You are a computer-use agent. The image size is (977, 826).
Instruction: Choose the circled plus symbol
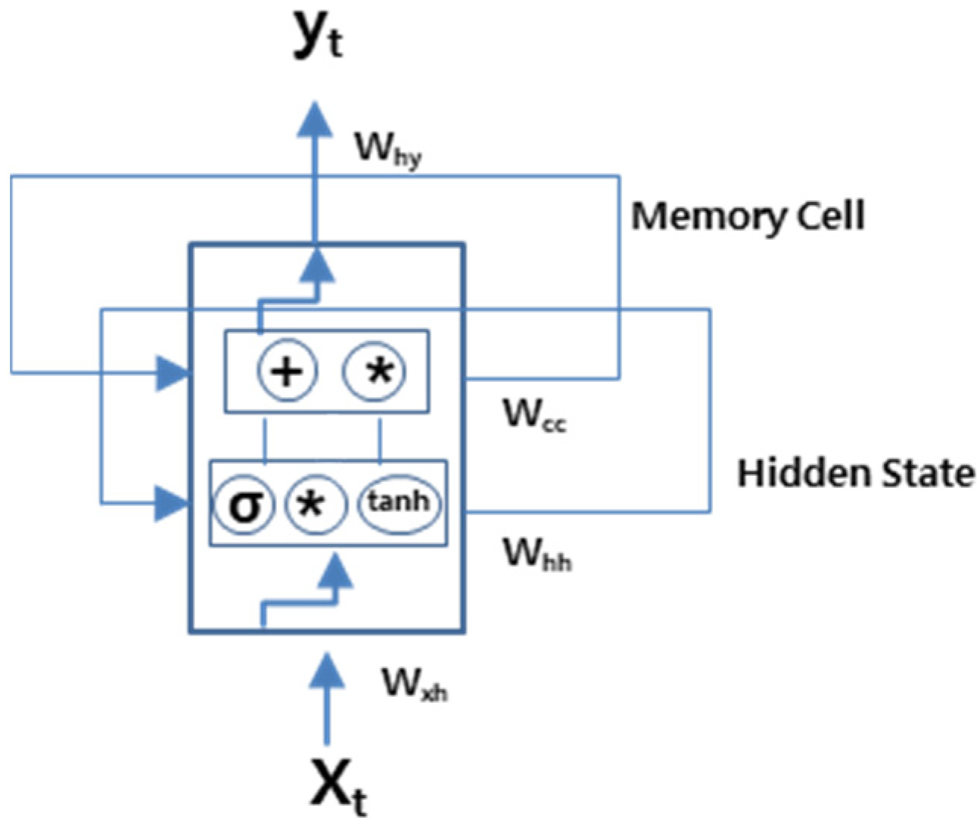288,371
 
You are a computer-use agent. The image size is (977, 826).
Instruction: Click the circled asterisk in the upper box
375,371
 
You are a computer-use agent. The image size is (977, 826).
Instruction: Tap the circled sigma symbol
243,504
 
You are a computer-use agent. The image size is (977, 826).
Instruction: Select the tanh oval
399,501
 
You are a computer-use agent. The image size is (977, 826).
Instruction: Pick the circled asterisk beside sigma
313,504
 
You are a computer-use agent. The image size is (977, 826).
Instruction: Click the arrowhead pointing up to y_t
316,121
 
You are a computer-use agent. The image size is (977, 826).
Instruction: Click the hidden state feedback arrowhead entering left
170,502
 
